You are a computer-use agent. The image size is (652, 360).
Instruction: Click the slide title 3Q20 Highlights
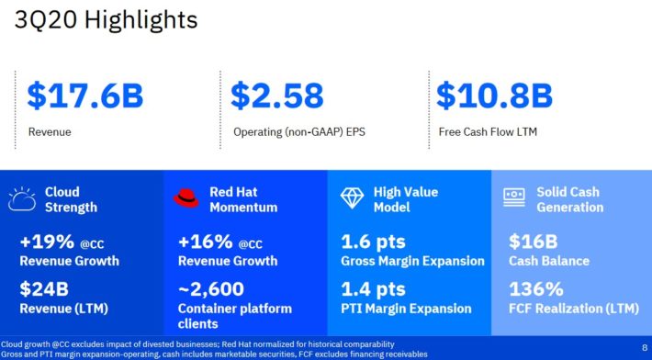coord(106,21)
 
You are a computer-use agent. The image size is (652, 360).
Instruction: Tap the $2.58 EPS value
coord(277,96)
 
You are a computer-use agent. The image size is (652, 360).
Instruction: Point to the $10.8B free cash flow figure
coord(494,96)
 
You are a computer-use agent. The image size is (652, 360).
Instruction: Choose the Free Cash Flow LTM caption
coord(487,131)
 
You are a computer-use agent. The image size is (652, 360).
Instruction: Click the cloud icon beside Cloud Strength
coord(22,199)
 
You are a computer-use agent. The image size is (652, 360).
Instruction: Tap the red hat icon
coord(186,198)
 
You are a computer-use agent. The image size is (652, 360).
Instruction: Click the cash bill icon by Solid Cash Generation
coord(513,196)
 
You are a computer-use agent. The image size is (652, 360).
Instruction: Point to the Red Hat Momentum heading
coord(242,199)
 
